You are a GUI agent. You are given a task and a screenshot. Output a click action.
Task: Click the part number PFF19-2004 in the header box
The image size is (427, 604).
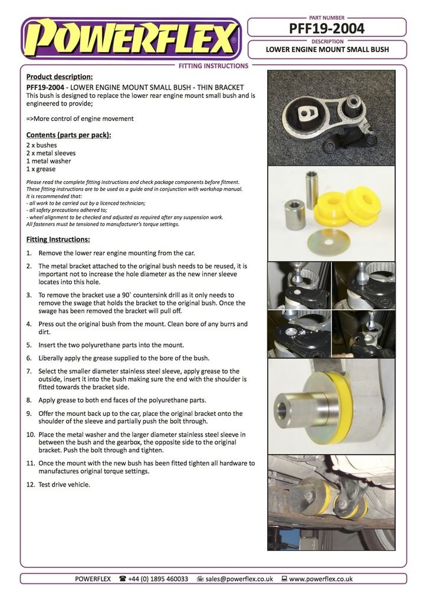[x=326, y=28]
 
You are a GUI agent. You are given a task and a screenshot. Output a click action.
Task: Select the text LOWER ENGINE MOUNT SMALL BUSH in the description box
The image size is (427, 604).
[x=327, y=50]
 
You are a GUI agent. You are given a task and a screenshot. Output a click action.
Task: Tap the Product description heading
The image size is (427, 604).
[x=60, y=77]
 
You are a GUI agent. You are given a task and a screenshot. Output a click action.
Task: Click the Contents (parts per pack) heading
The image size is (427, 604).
[x=68, y=134]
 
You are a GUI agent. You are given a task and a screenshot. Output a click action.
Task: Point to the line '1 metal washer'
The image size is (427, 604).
[x=48, y=161]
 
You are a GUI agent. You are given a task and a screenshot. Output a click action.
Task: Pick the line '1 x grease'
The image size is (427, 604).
[x=41, y=169]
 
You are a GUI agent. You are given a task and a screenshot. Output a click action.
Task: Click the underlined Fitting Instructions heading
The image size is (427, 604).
[x=58, y=239]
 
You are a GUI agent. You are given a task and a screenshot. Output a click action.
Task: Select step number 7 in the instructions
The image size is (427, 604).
[x=29, y=371]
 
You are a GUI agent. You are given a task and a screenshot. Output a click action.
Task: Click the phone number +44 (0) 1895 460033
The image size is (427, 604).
[x=157, y=579]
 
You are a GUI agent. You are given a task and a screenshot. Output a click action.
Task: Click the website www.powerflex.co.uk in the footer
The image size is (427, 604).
[x=321, y=579]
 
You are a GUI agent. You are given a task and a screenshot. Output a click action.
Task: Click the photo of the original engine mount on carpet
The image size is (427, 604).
[x=331, y=117]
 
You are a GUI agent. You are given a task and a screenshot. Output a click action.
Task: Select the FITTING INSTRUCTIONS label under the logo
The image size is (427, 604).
[x=213, y=66]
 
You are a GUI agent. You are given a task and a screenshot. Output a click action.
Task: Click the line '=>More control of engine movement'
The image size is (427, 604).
[x=80, y=119]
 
